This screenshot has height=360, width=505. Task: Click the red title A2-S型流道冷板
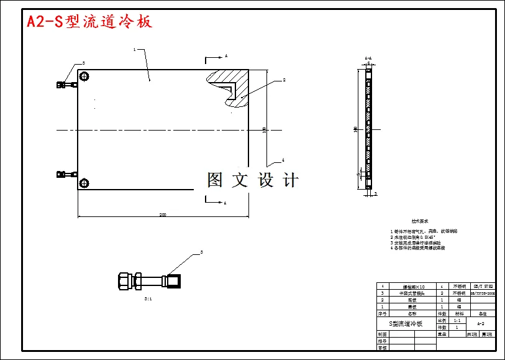89,22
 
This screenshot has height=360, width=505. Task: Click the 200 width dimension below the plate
163,215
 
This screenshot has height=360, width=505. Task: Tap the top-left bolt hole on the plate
84,76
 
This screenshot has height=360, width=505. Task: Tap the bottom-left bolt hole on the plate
84,182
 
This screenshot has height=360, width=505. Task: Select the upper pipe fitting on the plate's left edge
65,84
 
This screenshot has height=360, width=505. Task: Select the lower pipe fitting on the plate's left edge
65,175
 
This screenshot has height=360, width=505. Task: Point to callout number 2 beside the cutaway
283,80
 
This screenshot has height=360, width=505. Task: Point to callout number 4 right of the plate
283,159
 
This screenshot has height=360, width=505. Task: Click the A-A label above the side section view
368,58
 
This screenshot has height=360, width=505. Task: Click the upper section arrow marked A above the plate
215,58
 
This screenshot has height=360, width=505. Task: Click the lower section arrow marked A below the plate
215,202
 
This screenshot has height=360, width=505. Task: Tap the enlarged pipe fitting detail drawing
149,281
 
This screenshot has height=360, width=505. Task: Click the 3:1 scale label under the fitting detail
148,299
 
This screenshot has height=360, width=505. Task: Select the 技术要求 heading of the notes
420,221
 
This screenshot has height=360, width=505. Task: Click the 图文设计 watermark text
253,180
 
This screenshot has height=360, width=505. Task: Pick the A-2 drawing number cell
481,324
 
